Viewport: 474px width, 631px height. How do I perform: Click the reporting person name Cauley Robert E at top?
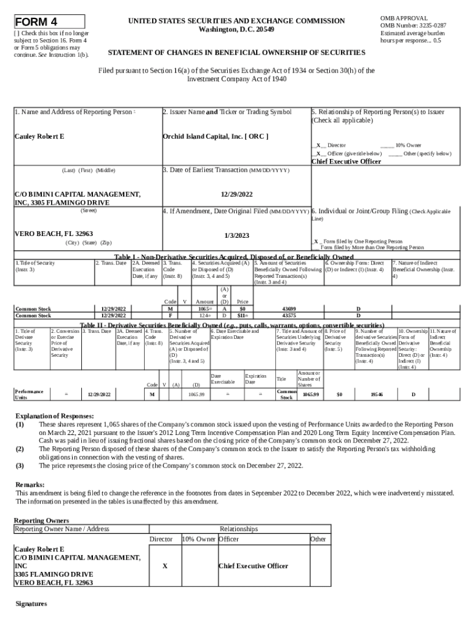tap(39, 136)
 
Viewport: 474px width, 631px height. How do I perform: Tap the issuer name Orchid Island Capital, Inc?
tap(215, 136)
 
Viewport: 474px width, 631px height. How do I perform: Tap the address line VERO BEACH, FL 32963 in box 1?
tap(54, 234)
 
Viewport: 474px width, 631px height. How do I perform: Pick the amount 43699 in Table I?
tap(288, 308)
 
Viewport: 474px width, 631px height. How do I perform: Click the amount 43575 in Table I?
tap(288, 315)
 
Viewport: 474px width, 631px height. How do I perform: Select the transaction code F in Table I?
tap(169, 315)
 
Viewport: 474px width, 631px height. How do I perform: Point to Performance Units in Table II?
tap(29, 394)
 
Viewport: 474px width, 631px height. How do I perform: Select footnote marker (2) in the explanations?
tap(20, 449)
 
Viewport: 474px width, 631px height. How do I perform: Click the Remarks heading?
tap(30, 484)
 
